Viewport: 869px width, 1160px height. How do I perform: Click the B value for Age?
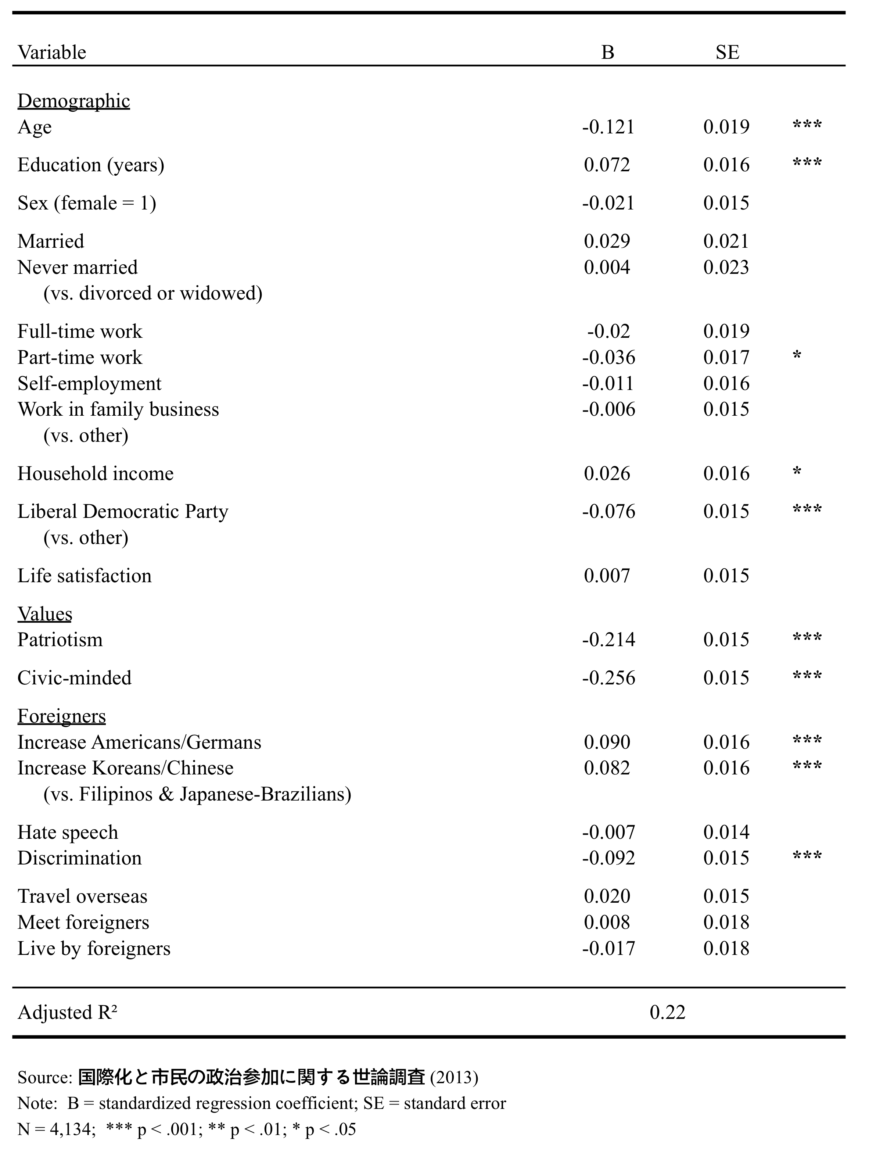[x=608, y=127]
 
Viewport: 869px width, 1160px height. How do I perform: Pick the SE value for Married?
[x=726, y=241]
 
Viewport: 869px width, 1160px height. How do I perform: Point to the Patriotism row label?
[x=60, y=640]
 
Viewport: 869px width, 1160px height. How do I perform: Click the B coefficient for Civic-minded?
[x=608, y=678]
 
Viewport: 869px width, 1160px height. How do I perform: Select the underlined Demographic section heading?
[x=73, y=101]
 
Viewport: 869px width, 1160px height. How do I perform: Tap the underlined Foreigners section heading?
[x=61, y=716]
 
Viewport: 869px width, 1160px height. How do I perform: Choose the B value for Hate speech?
[x=608, y=832]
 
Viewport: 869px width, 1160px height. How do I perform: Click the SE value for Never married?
[x=726, y=268]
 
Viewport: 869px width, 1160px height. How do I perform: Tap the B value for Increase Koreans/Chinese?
[x=607, y=768]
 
